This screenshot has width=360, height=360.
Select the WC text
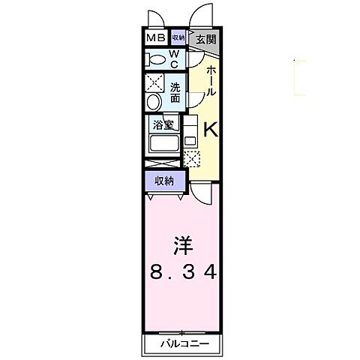173,58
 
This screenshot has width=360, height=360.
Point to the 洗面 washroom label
174,91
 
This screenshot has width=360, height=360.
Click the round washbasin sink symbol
154,102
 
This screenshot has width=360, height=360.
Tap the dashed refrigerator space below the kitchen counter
192,158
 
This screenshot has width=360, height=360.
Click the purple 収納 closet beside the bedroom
164,181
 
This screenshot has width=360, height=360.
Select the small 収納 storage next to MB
178,37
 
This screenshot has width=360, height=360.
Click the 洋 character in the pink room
181,244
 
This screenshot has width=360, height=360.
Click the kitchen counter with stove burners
190,130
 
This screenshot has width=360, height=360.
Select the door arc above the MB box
154,16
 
